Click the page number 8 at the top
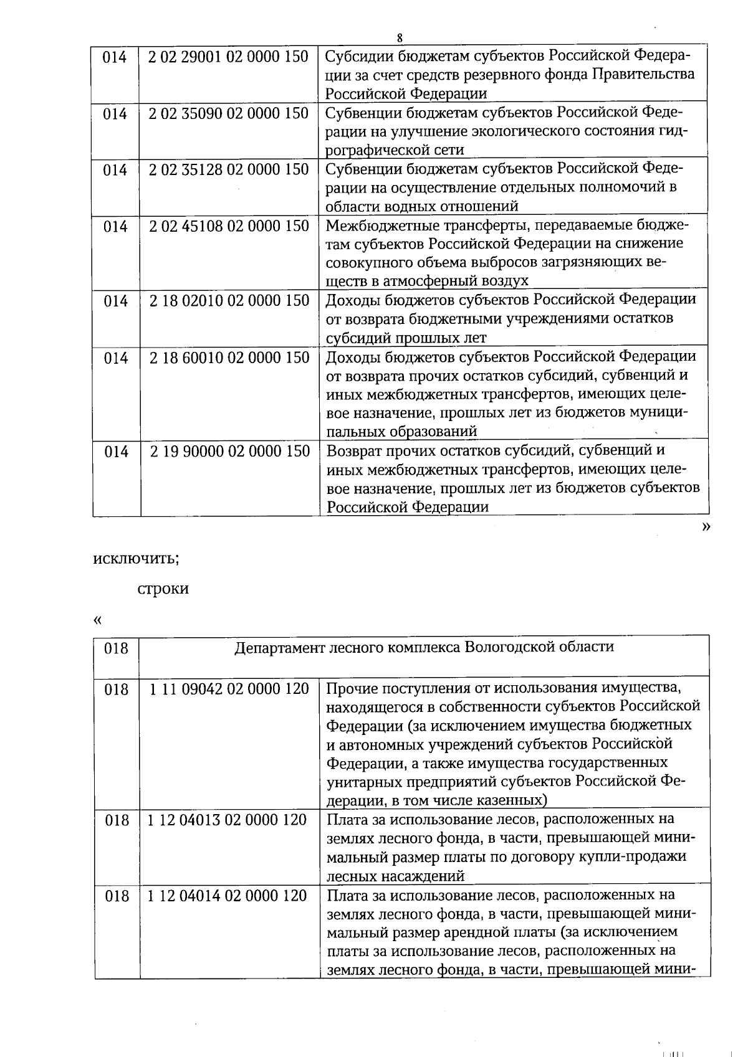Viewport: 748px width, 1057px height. pyautogui.click(x=400, y=37)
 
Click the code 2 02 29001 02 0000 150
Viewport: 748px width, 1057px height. pyautogui.click(x=229, y=57)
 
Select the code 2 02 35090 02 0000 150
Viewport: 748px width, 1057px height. pyautogui.click(x=229, y=113)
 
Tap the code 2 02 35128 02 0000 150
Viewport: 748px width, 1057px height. pyautogui.click(x=229, y=169)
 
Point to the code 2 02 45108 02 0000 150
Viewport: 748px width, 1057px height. pyautogui.click(x=229, y=225)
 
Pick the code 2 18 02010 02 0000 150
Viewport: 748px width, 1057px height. pyautogui.click(x=229, y=301)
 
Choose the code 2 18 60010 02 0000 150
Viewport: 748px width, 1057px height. pyautogui.click(x=229, y=358)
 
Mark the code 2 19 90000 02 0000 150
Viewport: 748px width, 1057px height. pyautogui.click(x=230, y=451)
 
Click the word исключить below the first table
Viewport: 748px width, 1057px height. pyautogui.click(x=136, y=558)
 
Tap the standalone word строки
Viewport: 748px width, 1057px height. pyautogui.click(x=163, y=589)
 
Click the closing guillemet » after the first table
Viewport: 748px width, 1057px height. pyautogui.click(x=706, y=527)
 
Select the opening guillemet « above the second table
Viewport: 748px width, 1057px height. pyautogui.click(x=97, y=620)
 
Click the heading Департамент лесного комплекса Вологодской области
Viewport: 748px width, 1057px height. pyautogui.click(x=424, y=647)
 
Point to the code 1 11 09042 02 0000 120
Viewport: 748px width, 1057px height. pyautogui.click(x=229, y=689)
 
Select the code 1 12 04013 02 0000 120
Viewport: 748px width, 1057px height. pyautogui.click(x=228, y=820)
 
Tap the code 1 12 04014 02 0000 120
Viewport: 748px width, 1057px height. pyautogui.click(x=228, y=896)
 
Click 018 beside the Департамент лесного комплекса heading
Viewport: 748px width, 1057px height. pyautogui.click(x=116, y=648)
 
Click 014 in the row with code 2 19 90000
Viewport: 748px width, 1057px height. pyautogui.click(x=116, y=451)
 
